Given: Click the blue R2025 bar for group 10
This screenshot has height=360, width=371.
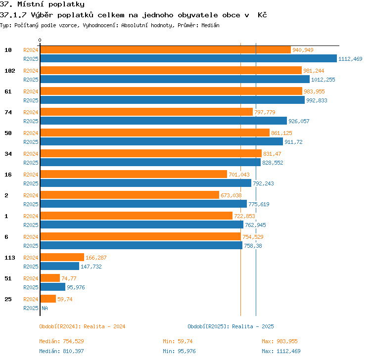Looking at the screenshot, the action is point(188,59).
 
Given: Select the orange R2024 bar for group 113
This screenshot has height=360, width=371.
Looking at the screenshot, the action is point(62,257).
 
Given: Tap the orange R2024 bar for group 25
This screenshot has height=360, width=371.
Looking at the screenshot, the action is point(48,299).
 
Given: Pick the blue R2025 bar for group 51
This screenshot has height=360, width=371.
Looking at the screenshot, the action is point(53,287).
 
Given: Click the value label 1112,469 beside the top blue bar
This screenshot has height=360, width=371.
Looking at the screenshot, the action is point(350,59).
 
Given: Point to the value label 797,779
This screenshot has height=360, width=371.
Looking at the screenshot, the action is point(265,112).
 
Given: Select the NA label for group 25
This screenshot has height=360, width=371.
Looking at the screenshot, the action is point(45,308).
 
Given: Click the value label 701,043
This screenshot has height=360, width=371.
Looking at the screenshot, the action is point(239,175).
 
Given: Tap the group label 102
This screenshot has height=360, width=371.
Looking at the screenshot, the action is point(10,71).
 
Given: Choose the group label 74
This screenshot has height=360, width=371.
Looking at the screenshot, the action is point(8,112).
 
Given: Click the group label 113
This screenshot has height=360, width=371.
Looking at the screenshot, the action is point(10,258).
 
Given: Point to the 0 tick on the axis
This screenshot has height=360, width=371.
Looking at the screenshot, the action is point(40,40).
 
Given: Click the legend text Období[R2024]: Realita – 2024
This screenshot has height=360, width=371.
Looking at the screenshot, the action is point(82,326).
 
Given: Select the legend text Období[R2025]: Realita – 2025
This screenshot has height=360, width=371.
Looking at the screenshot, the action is point(231,326).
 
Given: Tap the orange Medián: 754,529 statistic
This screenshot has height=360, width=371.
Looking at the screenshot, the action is point(61,341).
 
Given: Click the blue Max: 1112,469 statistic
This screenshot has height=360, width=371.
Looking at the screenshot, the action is point(281,351).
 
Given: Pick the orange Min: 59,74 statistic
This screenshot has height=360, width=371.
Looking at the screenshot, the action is point(178,341).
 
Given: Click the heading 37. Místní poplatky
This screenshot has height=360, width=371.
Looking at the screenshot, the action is point(42,4).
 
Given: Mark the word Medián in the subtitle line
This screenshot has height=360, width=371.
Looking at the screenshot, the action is point(210,25).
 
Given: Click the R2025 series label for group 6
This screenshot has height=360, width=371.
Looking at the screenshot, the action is point(31,246).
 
